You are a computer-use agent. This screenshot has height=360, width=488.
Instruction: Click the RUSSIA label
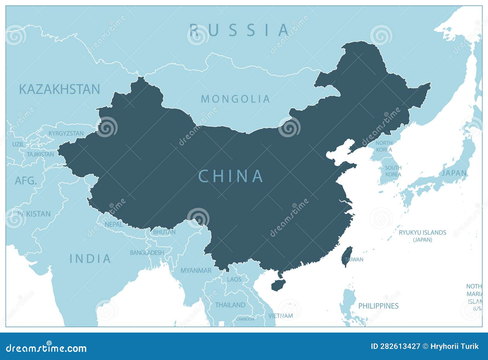[x=239, y=30]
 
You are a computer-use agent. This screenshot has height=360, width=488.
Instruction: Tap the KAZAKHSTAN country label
[x=59, y=89]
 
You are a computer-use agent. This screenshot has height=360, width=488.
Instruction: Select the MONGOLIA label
[x=235, y=99]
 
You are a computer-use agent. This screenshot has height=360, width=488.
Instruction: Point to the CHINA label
[x=231, y=176]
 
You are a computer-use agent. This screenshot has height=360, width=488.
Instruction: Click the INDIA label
[x=90, y=259]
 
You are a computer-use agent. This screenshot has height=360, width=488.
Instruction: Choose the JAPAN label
[x=454, y=173]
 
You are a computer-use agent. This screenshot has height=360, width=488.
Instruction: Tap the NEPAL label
[x=113, y=224]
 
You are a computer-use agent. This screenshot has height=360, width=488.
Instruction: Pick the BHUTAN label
[x=164, y=232]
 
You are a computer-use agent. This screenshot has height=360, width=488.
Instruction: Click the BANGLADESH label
[x=147, y=253]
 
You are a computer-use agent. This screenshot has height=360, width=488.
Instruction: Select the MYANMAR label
[x=196, y=271]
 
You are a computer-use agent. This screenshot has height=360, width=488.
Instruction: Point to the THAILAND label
[x=230, y=305]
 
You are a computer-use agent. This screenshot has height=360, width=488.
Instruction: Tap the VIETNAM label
[x=281, y=316]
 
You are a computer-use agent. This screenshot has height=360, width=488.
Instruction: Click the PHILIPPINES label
[x=378, y=306]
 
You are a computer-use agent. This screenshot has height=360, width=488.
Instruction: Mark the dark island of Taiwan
[x=347, y=256]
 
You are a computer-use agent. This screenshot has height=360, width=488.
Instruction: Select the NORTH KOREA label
[x=384, y=146]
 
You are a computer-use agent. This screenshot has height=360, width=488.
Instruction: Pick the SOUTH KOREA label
[x=393, y=171]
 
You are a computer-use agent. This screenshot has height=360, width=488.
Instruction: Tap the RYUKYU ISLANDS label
[x=422, y=232]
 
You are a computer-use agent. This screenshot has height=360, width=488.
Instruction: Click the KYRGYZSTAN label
[x=66, y=133]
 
